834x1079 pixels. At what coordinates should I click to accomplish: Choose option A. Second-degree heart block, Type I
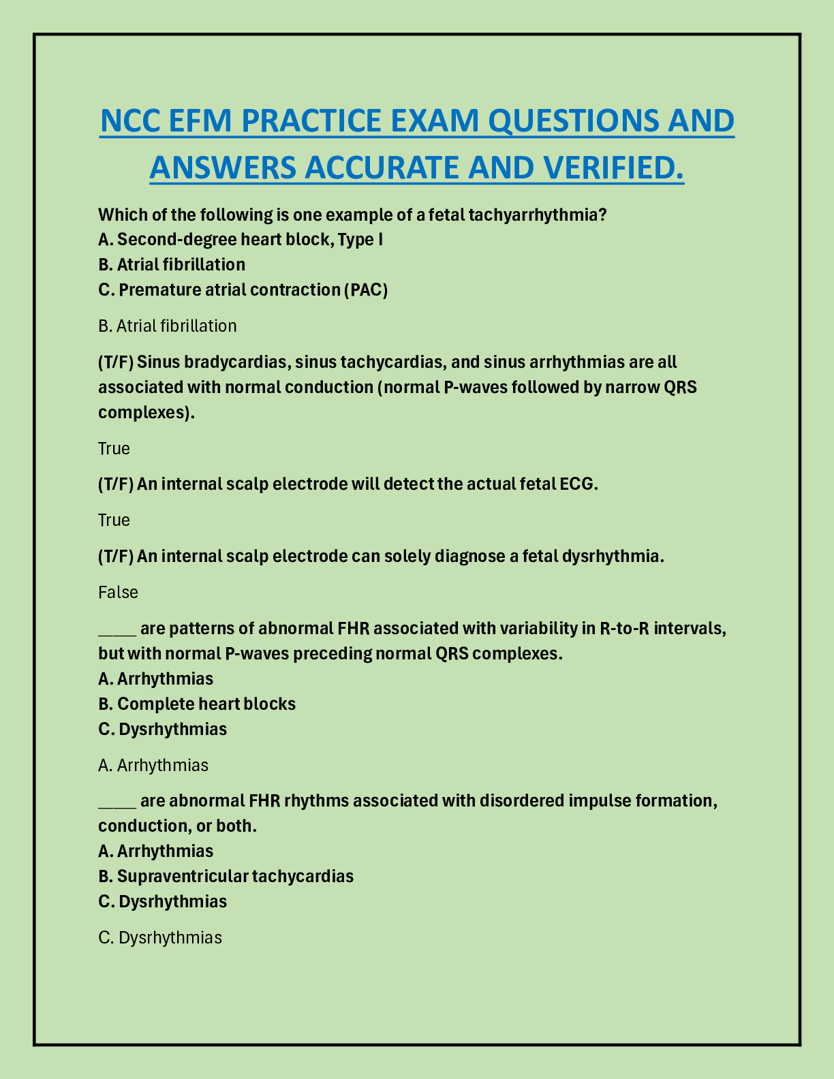[x=241, y=240]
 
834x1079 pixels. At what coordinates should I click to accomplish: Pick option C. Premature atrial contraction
[x=243, y=290]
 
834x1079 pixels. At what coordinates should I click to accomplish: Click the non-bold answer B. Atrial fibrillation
[x=168, y=326]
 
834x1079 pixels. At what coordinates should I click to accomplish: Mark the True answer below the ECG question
[x=114, y=520]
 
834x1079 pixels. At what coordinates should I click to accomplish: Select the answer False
[x=118, y=593]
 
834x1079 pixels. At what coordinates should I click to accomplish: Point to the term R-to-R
[x=624, y=628]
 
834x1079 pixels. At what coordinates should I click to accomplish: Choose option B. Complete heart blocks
[x=197, y=704]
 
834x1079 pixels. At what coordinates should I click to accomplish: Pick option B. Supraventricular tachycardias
[x=226, y=876]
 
